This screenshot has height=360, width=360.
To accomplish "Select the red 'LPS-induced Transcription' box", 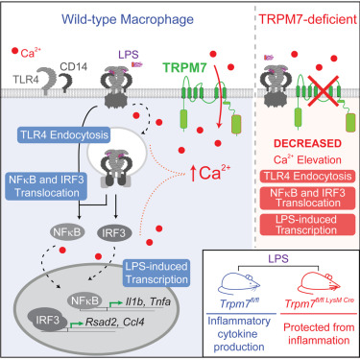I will pos(307,230).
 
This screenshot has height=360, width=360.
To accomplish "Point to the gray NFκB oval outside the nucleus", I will pos(87,230).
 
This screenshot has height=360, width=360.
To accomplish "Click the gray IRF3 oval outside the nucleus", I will pos(137,230).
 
